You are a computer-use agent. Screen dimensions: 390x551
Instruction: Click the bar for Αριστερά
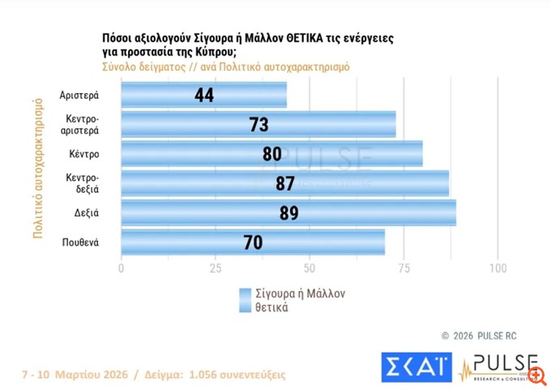click(203, 96)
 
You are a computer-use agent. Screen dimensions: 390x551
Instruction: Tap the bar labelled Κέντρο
click(271, 154)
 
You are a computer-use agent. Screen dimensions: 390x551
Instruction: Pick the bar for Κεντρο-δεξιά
click(284, 183)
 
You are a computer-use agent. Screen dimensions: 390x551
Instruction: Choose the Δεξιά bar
click(288, 212)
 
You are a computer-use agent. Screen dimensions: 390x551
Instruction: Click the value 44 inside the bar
click(204, 96)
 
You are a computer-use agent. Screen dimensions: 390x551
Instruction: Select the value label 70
click(254, 242)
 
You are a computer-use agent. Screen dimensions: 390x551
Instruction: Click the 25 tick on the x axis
click(216, 268)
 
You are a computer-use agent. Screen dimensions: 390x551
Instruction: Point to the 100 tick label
click(498, 268)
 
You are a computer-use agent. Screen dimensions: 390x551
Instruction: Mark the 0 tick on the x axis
click(122, 268)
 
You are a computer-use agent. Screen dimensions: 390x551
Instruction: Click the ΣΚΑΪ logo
click(416, 367)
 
